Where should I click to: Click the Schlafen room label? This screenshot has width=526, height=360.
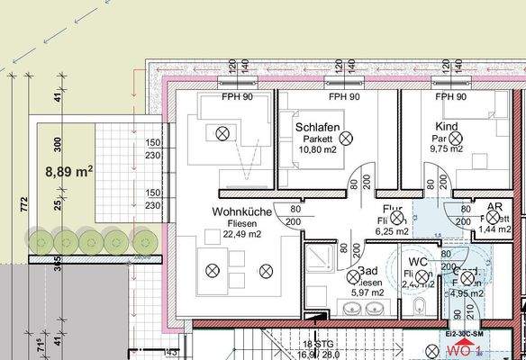[x=318, y=127]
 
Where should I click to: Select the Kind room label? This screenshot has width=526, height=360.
[x=446, y=127]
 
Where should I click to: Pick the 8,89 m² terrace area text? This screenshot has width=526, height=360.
[x=69, y=169]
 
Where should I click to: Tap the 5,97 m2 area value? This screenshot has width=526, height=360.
[x=367, y=292]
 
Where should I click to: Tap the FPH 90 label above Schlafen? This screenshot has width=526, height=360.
[x=344, y=96]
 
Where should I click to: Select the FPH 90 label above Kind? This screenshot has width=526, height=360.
[x=450, y=96]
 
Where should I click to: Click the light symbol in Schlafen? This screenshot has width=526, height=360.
[x=345, y=138]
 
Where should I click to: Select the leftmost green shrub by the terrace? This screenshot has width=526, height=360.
[x=40, y=239]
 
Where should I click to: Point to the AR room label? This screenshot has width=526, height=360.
[x=494, y=207]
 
